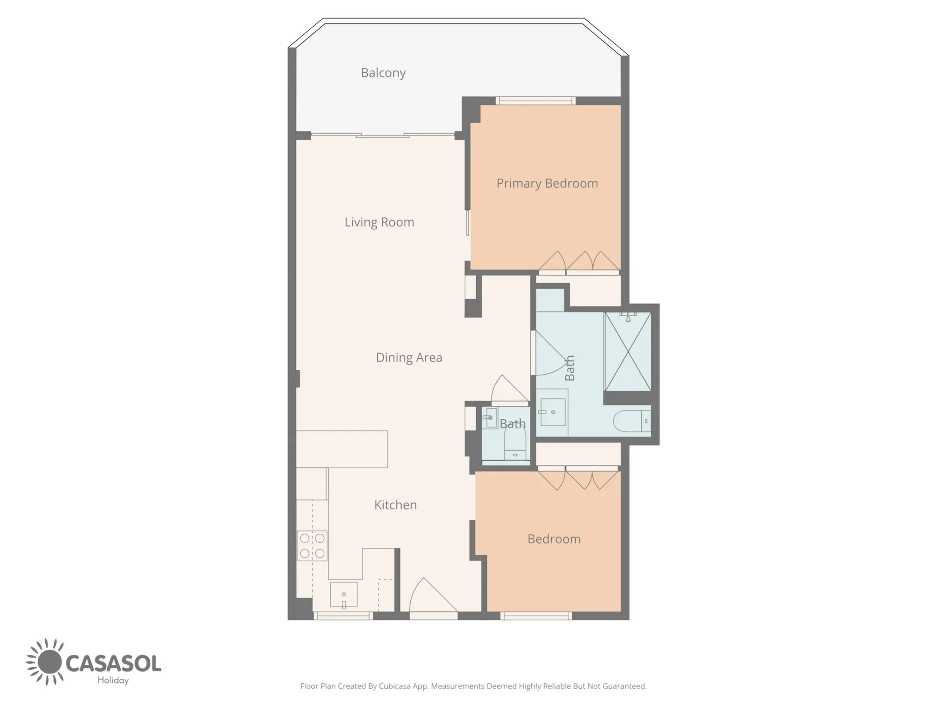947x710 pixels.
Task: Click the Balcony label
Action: pos(383,73)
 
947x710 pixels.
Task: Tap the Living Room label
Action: pos(379,222)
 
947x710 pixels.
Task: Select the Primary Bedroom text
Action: pos(547,184)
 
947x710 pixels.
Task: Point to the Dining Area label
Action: pos(409,357)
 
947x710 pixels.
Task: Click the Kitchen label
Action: pos(395,505)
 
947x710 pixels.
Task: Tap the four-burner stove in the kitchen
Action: pos(312,546)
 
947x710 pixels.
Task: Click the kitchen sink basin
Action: pos(344,594)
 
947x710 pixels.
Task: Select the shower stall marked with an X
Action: pos(627,351)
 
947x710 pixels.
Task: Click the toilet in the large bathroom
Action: pos(632,421)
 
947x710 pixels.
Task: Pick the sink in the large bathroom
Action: pos(553,412)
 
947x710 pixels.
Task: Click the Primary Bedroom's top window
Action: pos(535,101)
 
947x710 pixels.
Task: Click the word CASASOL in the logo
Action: pos(113,663)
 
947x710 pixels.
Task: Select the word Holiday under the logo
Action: pos(113,680)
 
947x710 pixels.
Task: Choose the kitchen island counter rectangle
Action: pos(342,449)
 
